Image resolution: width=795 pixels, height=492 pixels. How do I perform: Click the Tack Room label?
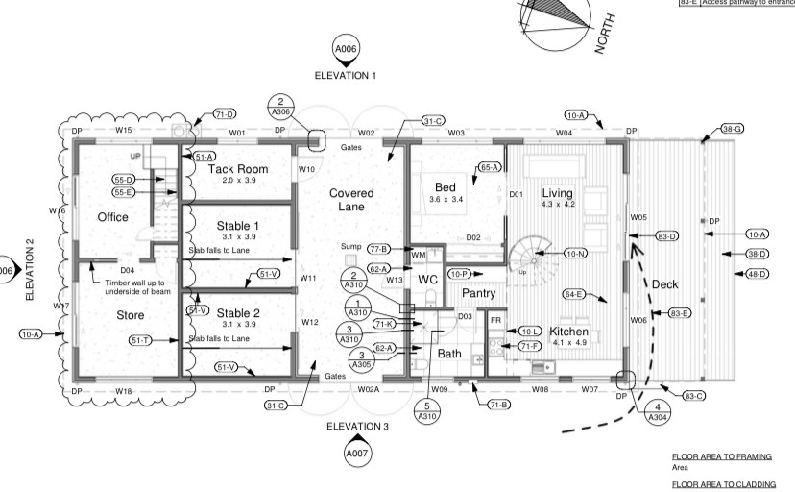(238, 168)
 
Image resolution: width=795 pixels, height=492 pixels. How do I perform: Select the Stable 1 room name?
(237, 226)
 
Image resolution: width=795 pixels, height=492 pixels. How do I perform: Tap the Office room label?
(112, 217)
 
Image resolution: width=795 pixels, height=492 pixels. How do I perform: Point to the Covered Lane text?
(351, 200)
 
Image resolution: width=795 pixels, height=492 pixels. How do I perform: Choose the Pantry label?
(478, 292)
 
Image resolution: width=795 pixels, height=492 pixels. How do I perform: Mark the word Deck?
(664, 284)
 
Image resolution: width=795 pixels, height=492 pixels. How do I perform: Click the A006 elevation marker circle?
(346, 49)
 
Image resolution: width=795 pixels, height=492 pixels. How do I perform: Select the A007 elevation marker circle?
(357, 452)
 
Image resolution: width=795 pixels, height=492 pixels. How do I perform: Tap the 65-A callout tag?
(490, 167)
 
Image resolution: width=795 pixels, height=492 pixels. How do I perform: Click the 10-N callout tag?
(576, 254)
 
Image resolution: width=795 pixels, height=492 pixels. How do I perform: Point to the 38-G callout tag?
(733, 129)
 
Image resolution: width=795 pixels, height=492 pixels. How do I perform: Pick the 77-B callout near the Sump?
(378, 248)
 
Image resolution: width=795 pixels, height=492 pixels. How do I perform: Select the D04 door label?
(127, 270)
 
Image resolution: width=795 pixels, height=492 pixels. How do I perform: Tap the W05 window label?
(638, 218)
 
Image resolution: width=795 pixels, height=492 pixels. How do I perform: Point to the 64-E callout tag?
(574, 294)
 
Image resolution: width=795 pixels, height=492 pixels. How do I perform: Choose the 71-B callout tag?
(498, 406)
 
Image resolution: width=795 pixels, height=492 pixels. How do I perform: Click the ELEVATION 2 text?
(29, 270)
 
